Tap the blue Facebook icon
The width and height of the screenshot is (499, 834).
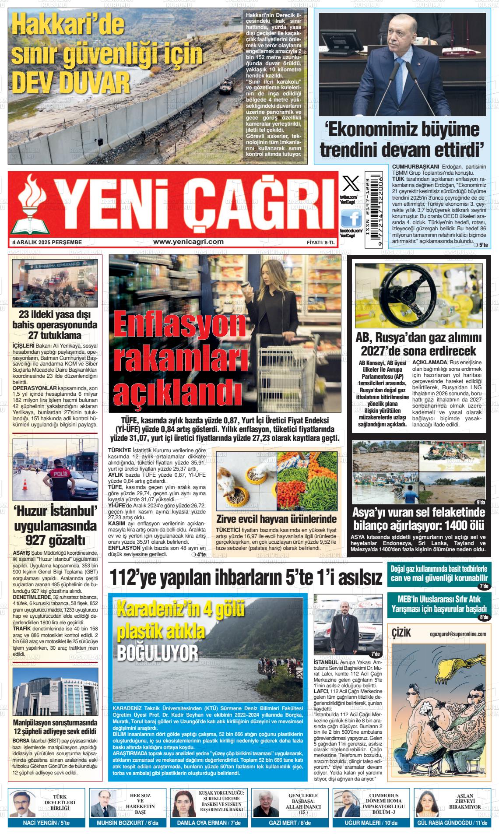(351, 218)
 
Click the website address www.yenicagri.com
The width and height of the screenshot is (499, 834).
(188, 242)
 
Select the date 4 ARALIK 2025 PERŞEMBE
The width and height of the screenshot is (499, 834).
(47, 242)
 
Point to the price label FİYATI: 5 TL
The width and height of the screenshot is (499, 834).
(321, 242)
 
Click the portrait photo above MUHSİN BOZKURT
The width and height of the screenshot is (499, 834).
(104, 803)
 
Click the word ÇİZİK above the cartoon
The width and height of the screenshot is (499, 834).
(402, 633)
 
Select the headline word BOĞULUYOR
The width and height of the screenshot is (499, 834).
(158, 653)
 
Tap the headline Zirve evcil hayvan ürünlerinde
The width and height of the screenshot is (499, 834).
(276, 519)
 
